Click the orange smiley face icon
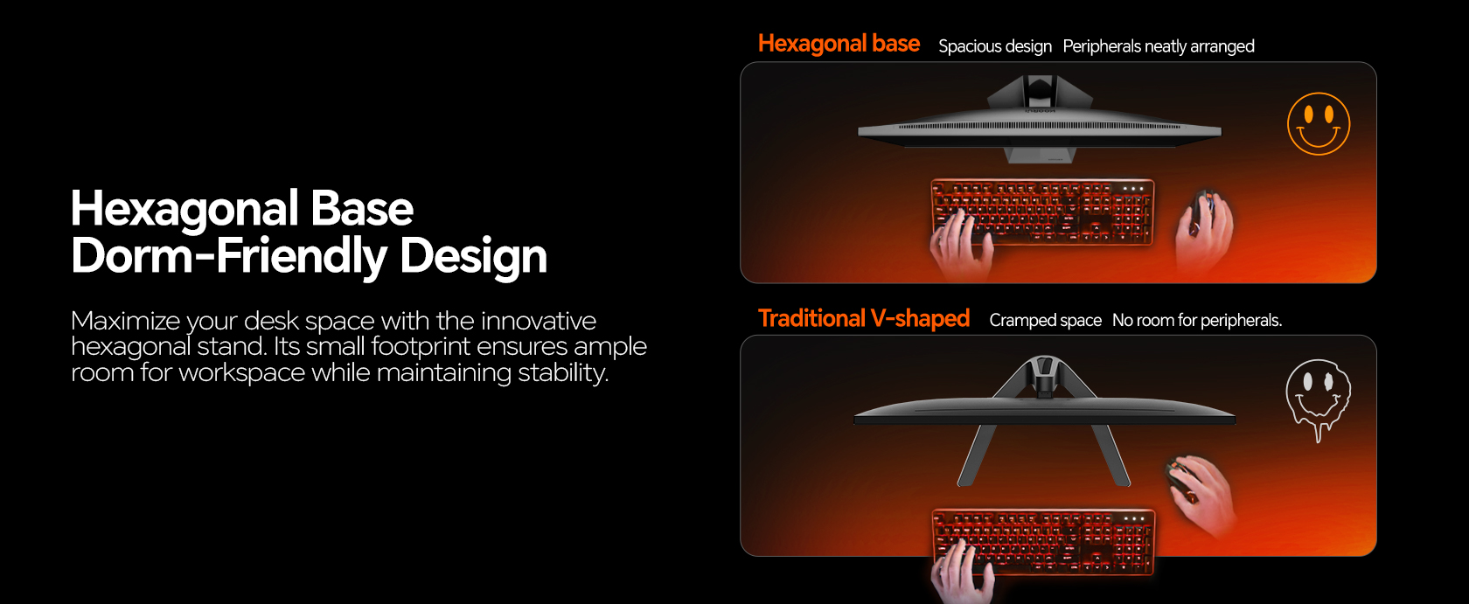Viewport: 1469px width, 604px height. tap(1319, 124)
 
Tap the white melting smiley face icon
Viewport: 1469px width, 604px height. tap(1319, 397)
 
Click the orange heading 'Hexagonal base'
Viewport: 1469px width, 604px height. tap(839, 44)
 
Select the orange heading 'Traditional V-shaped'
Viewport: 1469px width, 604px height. tap(864, 319)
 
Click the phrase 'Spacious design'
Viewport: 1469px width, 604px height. tap(995, 46)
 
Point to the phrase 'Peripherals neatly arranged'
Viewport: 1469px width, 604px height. tap(1158, 46)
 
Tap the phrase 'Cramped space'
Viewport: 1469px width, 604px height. tap(1046, 320)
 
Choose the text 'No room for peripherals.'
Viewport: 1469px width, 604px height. tap(1197, 320)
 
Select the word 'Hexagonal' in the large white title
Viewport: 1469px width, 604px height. tap(184, 209)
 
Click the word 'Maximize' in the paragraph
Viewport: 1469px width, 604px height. tap(125, 321)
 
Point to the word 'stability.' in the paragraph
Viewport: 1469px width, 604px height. tap(563, 372)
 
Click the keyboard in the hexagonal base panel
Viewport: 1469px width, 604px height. tap(1042, 212)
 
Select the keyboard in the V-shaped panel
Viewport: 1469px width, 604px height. tap(1043, 542)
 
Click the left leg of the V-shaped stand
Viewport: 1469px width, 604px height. tap(978, 455)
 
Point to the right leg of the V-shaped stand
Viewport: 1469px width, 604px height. tap(1110, 455)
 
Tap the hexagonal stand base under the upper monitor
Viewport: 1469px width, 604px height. tap(1041, 155)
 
